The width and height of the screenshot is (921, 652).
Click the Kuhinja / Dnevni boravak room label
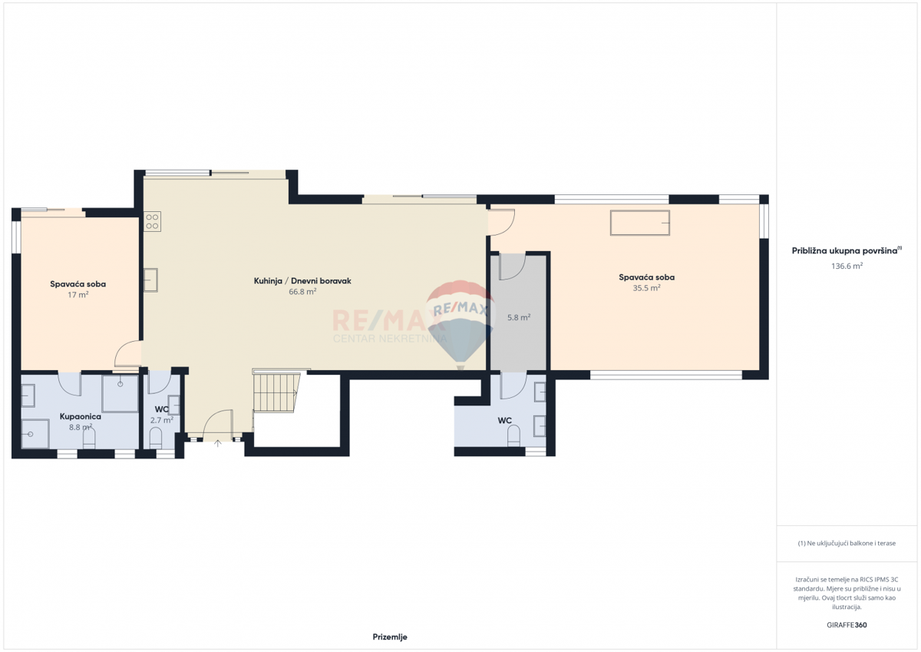coord(302,281)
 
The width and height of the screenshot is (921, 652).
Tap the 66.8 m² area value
coord(302,292)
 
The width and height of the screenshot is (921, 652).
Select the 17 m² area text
coord(78,294)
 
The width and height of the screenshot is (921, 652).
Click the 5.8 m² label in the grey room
coord(519,316)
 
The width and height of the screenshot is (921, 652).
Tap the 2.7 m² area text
coord(161,420)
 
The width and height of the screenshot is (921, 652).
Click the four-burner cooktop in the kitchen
coord(152,222)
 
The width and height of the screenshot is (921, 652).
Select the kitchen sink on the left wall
coord(150,280)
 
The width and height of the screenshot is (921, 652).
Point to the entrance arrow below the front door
coord(217,443)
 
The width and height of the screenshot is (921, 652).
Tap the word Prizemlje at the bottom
coord(389,637)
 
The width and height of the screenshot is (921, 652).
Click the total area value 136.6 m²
coord(847,266)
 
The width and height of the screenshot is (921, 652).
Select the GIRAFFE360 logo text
coord(847,624)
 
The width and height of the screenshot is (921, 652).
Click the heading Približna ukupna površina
coord(845,250)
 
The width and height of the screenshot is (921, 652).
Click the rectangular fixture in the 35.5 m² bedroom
coord(639,223)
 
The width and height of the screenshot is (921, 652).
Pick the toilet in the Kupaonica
coord(89,438)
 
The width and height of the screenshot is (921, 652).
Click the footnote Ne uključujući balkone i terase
coord(847,543)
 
